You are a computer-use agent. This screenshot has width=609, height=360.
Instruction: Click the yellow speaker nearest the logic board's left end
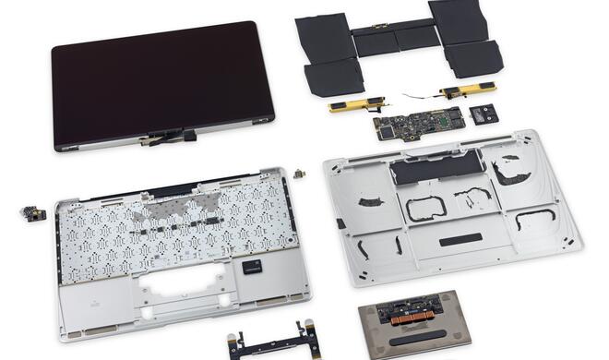tap(352, 105)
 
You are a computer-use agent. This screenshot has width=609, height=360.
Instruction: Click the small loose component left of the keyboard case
tap(33, 213)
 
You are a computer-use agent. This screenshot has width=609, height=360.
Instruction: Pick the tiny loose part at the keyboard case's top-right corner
tap(298, 174)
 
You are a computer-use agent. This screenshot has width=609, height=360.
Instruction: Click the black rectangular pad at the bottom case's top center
tap(427, 170)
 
